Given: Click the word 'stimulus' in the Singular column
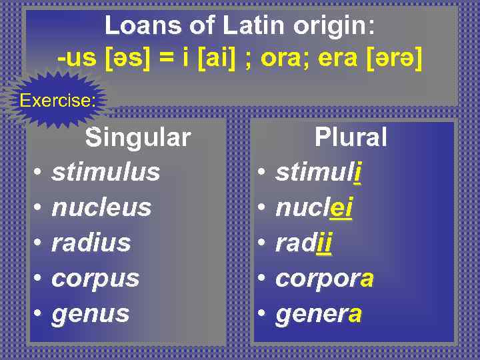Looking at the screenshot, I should click(105, 172).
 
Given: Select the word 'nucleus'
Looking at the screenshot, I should click(101, 207).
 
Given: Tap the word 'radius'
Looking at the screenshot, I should click(91, 243).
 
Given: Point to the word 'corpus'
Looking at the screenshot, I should click(95, 278).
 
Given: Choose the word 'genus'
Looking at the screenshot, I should click(90, 313).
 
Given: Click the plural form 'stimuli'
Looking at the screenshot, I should click(318, 172).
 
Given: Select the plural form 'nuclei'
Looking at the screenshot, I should click(313, 207).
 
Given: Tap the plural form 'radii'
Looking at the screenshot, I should click(303, 243).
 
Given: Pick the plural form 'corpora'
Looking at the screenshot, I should click(324, 278).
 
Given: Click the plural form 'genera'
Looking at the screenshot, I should click(318, 313).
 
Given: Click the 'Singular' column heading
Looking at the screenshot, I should click(137, 137).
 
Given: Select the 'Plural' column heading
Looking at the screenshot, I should click(351, 137).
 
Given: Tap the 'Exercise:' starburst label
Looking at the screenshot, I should click(58, 101).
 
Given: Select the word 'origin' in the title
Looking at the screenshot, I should click(333, 27).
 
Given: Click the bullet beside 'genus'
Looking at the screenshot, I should click(39, 313).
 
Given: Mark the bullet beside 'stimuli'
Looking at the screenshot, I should click(263, 173).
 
